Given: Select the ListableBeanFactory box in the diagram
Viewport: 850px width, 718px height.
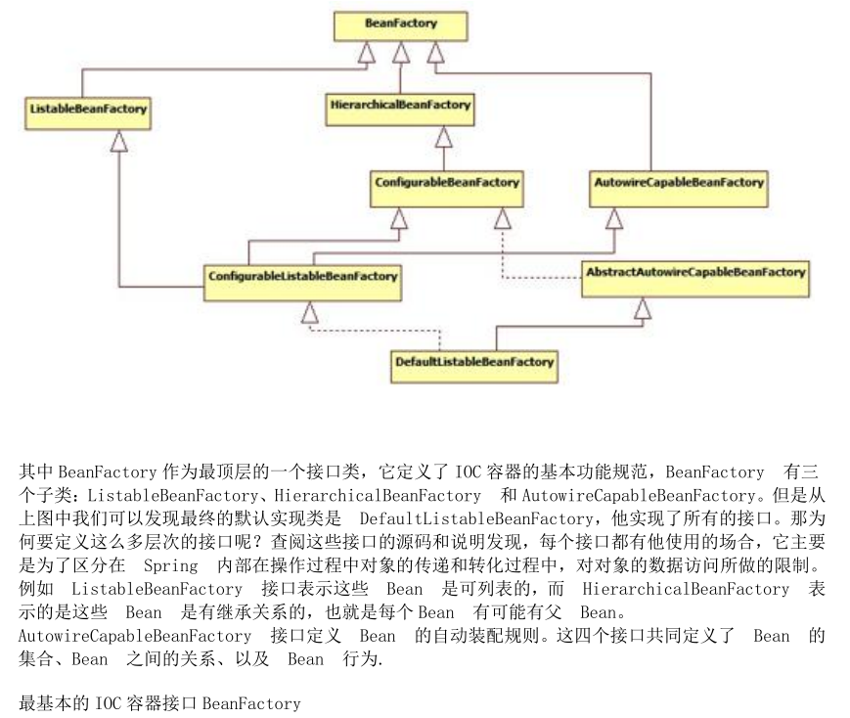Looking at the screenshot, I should click(86, 111).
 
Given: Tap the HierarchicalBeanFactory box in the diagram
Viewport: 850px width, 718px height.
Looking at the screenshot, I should click(399, 106).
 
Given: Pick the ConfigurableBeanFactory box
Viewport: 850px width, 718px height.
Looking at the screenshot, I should click(446, 184).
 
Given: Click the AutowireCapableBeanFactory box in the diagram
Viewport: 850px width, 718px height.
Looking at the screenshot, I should click(679, 184).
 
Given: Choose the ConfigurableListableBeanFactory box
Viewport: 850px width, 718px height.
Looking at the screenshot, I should click(302, 278).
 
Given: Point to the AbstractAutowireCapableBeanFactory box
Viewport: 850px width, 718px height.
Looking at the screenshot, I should click(694, 273).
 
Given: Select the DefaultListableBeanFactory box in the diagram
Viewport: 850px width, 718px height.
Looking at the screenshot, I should click(474, 363).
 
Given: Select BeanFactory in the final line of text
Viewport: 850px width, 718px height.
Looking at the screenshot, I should click(251, 703).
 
